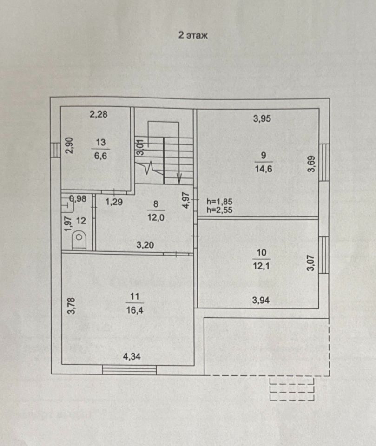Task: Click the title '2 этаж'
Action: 193,35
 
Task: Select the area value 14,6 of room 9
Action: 263,169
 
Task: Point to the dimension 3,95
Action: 262,118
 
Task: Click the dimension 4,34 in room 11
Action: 132,357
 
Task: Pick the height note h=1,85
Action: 219,202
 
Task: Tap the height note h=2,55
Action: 219,210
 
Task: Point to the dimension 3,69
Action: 311,164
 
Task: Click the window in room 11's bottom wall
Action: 129,369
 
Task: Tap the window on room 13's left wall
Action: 56,149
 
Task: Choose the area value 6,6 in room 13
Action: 101,156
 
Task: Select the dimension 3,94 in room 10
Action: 261,300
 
